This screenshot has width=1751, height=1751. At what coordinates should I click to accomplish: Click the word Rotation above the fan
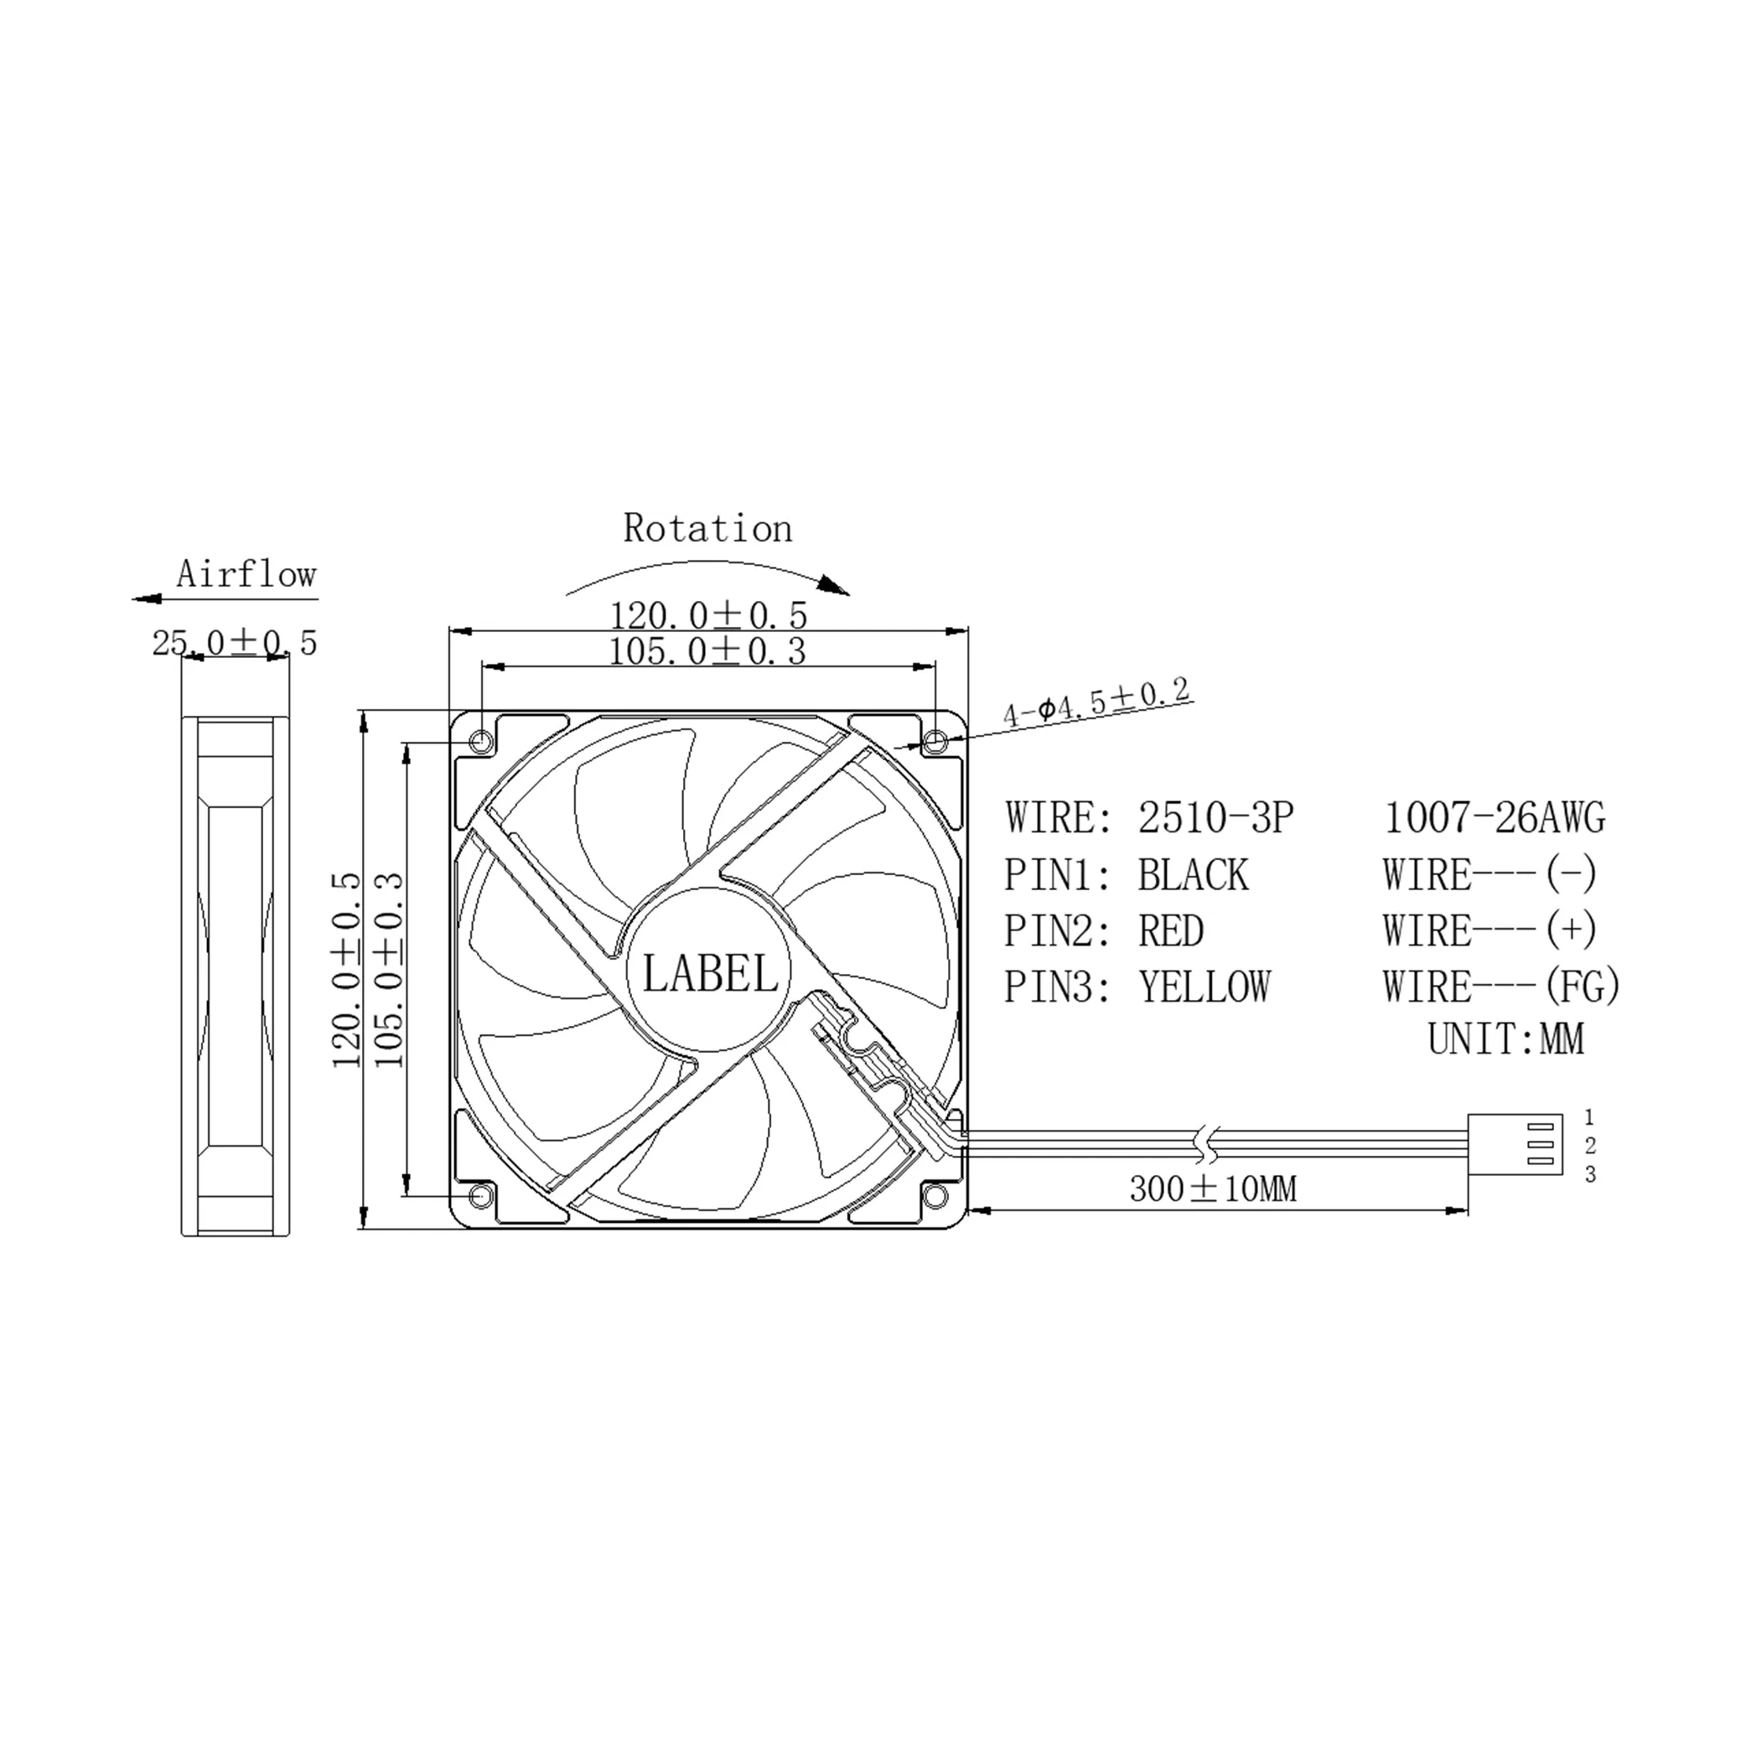point(707,528)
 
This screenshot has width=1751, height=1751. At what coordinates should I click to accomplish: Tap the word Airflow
point(246,573)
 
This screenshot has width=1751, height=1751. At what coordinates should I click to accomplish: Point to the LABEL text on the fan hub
point(710,974)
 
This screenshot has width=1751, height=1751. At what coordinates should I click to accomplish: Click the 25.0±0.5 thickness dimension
point(235,643)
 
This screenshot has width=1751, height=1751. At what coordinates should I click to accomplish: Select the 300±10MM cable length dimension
point(1213,1189)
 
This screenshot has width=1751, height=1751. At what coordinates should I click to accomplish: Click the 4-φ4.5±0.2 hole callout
point(1096,702)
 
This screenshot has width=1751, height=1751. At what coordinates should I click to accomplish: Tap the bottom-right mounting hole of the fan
point(935,1197)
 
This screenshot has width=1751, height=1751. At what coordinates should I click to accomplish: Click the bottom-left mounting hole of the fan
point(482,1197)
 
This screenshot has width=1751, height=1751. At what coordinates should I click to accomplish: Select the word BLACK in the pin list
point(1193,875)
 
